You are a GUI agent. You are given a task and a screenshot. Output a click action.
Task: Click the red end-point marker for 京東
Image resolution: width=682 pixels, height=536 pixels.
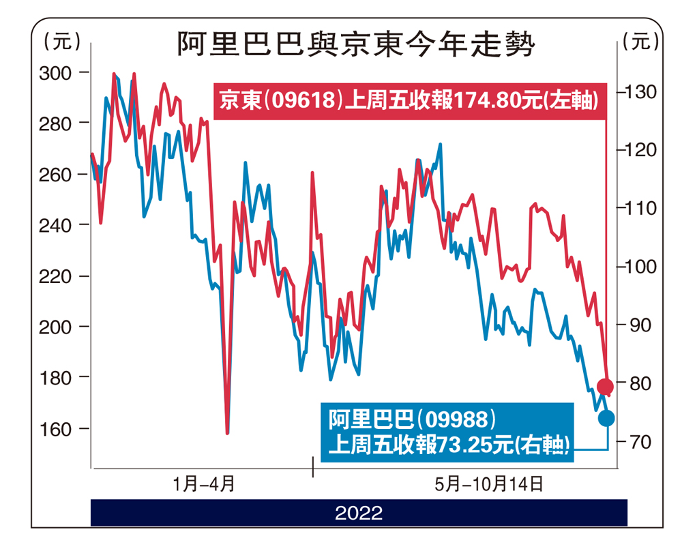[605, 387]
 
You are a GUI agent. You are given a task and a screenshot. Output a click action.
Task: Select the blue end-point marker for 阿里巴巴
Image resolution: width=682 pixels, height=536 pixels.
[606, 418]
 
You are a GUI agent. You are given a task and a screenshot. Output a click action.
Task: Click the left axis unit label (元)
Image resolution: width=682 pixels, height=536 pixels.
[61, 42]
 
